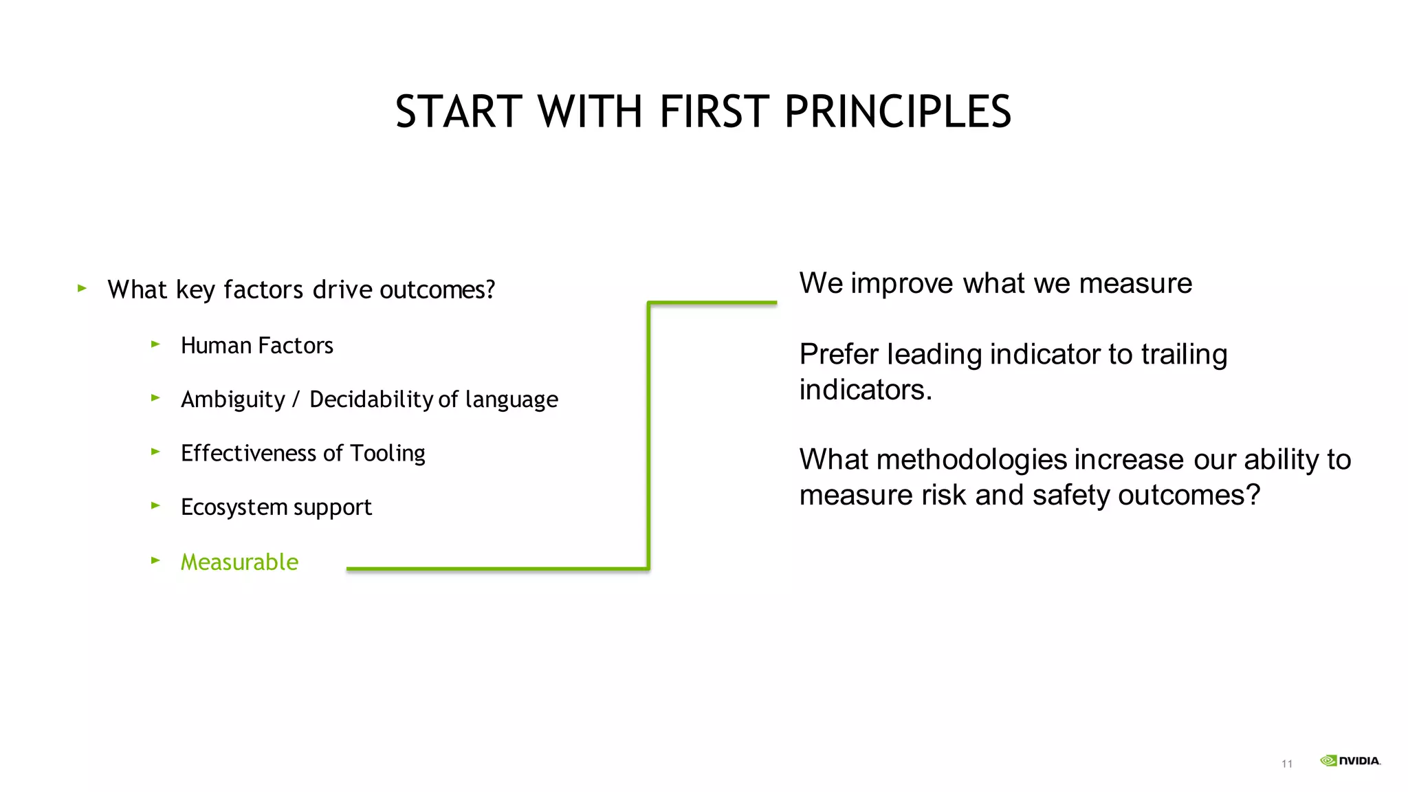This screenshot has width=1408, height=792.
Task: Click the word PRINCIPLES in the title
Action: [x=897, y=111]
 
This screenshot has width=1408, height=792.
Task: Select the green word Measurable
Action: [x=239, y=562]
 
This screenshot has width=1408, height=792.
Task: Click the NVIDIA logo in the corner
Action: [x=1350, y=760]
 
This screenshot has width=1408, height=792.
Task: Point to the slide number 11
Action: [x=1287, y=764]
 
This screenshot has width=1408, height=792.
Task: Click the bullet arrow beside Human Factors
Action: [x=155, y=344]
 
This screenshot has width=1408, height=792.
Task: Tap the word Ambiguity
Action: [x=232, y=399]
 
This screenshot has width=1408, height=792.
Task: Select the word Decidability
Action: [x=371, y=399]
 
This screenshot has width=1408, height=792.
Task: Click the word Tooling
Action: [x=388, y=454]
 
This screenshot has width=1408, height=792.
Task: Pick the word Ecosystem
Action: [x=234, y=507]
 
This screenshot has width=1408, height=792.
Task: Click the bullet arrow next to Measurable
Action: [x=155, y=560]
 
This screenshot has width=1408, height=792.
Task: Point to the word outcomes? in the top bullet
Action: [x=437, y=290]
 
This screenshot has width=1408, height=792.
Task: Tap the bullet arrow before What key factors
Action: [x=82, y=288]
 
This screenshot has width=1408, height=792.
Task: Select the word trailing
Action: [x=1184, y=355]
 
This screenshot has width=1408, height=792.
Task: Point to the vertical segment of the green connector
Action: [x=648, y=435]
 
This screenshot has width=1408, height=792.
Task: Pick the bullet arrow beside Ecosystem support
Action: [x=155, y=505]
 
